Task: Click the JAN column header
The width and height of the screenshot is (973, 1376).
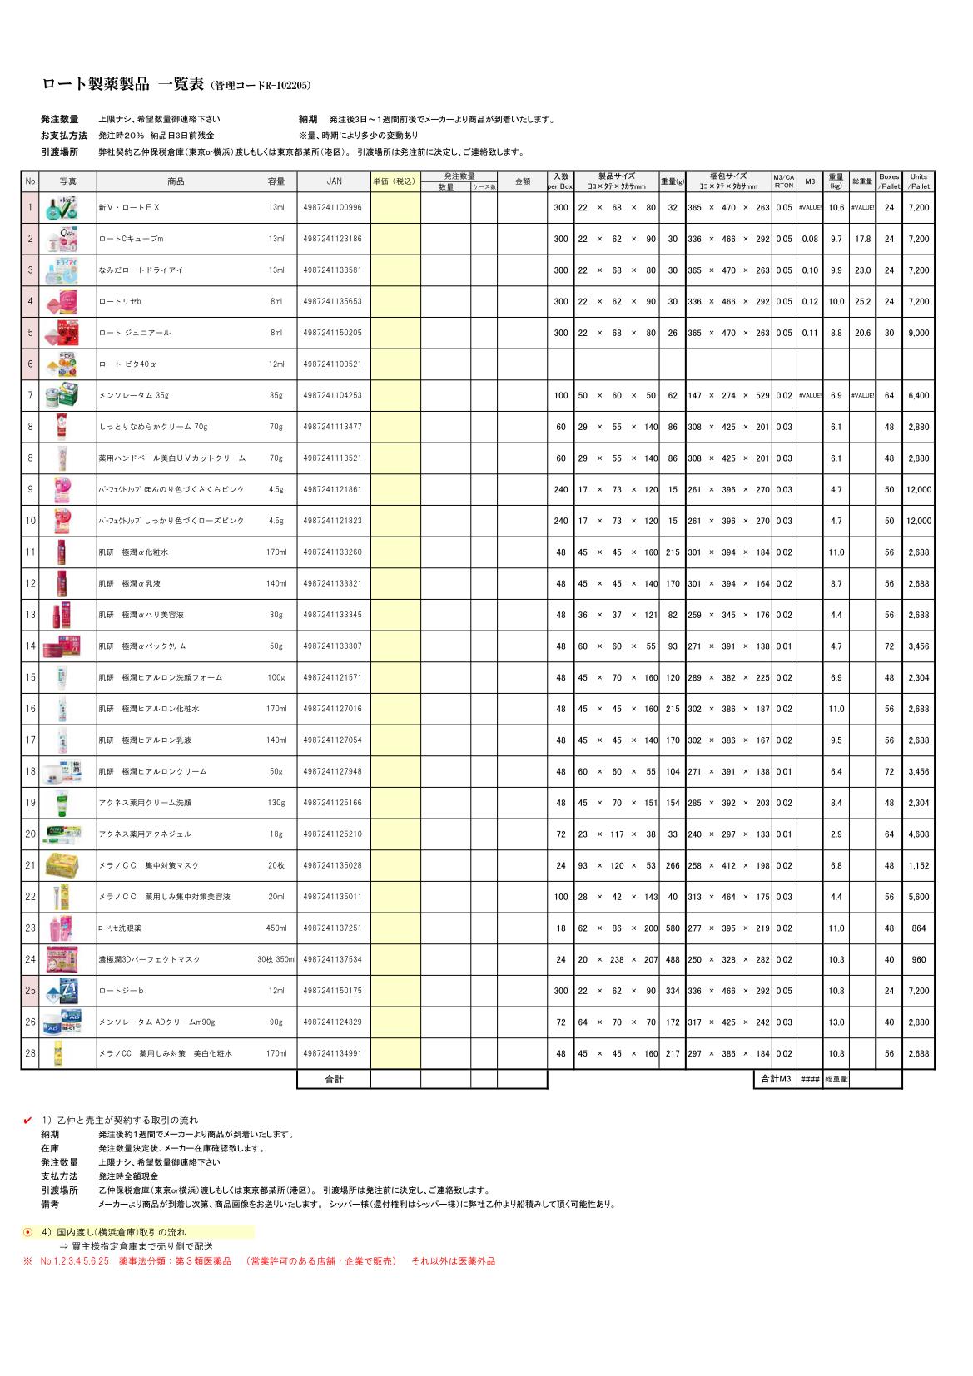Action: click(333, 181)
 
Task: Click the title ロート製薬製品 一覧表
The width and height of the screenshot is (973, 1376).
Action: click(120, 84)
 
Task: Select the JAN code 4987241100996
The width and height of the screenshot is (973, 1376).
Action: click(333, 208)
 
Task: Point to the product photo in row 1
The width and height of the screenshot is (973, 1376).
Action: click(67, 208)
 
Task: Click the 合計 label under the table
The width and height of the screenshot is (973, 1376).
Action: click(333, 1079)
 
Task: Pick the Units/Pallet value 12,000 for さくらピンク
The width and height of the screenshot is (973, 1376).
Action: click(919, 490)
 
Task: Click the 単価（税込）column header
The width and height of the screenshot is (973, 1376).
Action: click(395, 181)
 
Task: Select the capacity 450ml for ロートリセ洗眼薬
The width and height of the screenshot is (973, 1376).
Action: click(276, 928)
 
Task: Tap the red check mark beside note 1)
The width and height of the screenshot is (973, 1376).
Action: click(28, 1120)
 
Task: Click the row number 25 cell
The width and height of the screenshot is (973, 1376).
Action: click(31, 991)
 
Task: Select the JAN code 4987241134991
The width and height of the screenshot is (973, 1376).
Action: click(333, 1054)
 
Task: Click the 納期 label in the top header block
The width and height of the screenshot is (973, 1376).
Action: click(307, 120)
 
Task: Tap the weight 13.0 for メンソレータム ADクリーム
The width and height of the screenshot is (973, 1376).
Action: click(836, 1022)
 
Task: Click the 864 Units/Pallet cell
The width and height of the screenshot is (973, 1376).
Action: click(919, 928)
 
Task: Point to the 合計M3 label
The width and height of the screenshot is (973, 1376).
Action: click(774, 1079)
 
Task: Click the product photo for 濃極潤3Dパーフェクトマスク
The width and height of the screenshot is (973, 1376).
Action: click(67, 959)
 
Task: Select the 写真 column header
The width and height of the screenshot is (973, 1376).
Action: click(67, 181)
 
